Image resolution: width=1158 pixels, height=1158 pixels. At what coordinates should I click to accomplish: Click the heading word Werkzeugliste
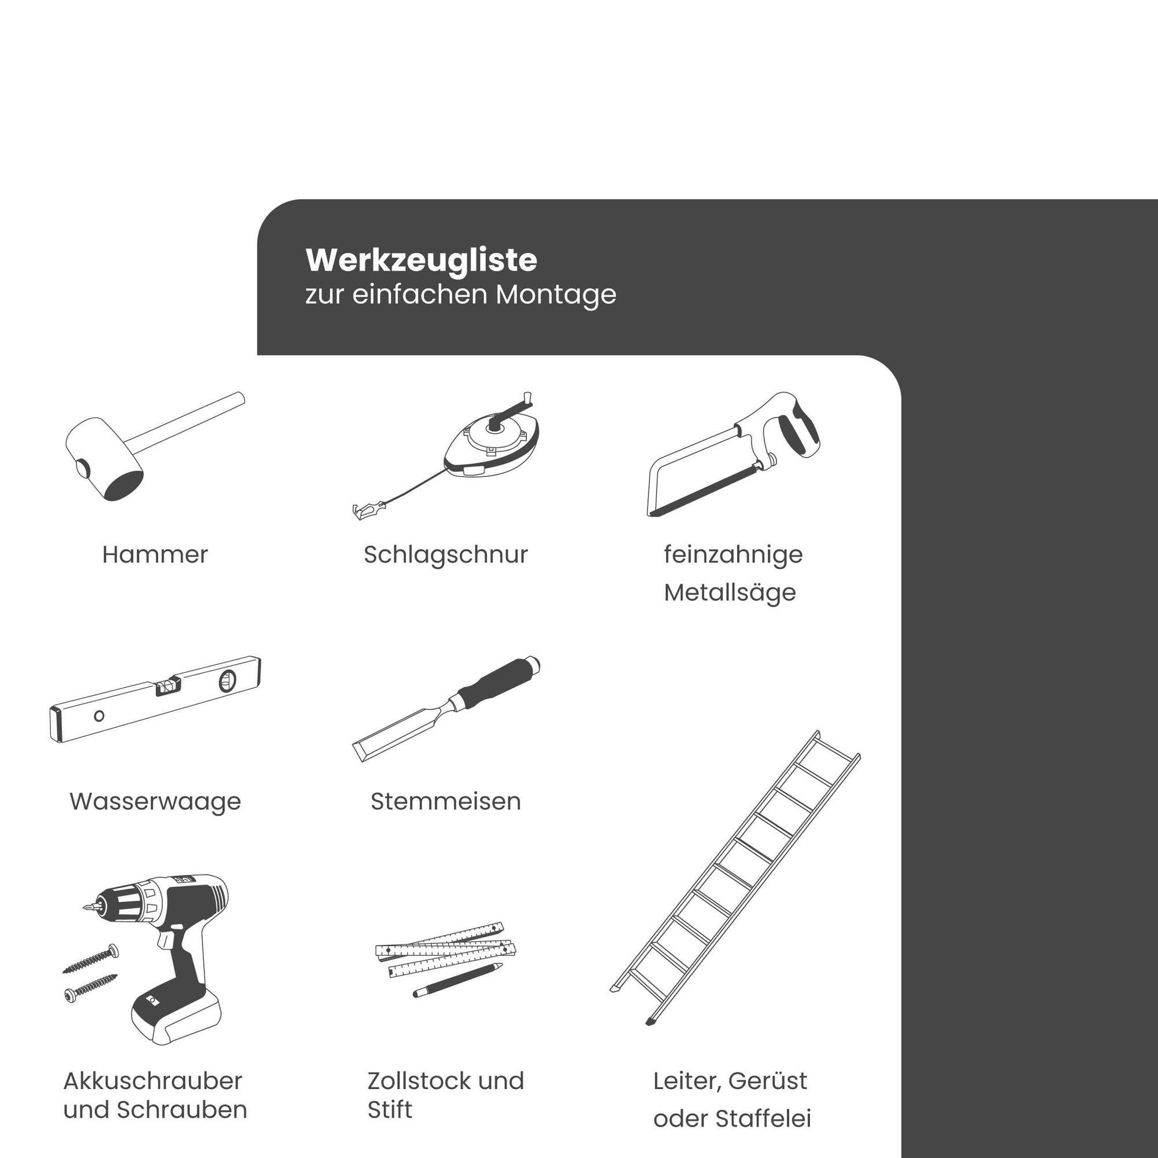coord(421,261)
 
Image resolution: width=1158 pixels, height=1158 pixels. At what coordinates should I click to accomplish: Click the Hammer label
coord(155,555)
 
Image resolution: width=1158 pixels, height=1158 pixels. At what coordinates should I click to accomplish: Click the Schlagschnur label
coord(445,555)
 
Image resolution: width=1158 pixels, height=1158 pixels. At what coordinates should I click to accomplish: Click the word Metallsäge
coord(730,593)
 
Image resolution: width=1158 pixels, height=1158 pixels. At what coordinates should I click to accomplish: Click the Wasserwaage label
coord(155,801)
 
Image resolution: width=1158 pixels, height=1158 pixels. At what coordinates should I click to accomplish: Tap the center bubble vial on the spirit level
coord(167,686)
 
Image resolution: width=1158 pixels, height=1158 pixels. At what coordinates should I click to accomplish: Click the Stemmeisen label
coord(445,801)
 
